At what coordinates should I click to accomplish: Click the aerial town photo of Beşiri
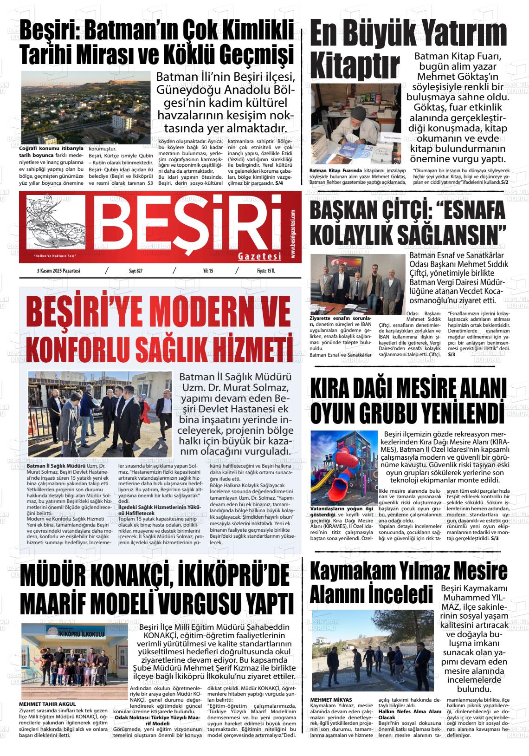86,107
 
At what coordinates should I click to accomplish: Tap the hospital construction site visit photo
99,414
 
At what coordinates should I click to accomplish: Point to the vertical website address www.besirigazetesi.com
293,234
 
